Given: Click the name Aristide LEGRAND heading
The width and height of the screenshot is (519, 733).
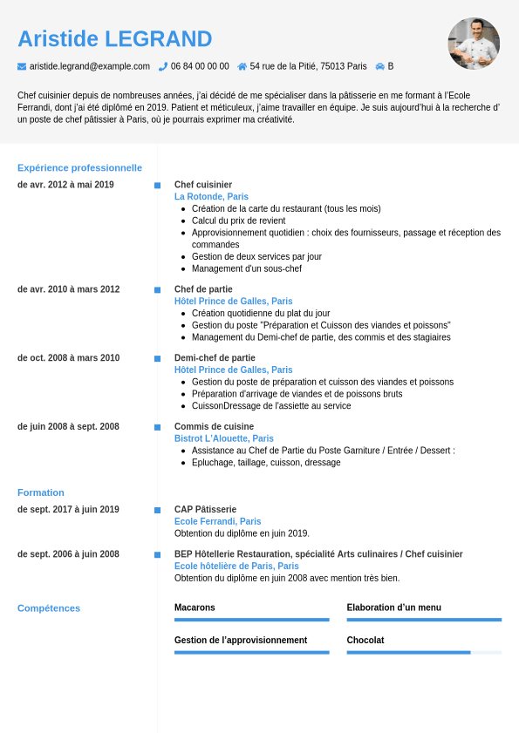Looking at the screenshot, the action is [x=114, y=39].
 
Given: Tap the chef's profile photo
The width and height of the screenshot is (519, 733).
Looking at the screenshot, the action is [x=474, y=43].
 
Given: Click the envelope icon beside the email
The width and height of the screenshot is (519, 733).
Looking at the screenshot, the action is [x=22, y=66].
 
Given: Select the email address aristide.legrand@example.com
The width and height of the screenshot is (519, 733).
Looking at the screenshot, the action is [x=90, y=66].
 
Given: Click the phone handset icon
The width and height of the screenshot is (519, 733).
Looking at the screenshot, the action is [x=162, y=66].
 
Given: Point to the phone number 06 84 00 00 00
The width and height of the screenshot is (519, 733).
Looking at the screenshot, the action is [x=200, y=66].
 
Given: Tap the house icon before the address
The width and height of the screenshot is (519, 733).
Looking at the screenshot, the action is [x=242, y=66].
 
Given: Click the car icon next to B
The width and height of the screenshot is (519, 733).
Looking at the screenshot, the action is [x=380, y=66].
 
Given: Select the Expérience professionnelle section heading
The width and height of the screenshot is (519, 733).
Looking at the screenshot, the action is [x=79, y=167].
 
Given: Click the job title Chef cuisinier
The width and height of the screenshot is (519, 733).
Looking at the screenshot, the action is [x=203, y=185].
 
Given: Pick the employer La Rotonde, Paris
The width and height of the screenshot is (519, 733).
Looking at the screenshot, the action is [x=211, y=197].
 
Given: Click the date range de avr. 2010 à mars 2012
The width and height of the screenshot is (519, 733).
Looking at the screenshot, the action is [x=69, y=289].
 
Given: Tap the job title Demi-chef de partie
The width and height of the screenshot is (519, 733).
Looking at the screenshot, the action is [x=215, y=357].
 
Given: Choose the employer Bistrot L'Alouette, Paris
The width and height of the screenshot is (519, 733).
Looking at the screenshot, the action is [x=224, y=438].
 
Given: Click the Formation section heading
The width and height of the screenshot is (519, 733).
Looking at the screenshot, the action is [x=41, y=492].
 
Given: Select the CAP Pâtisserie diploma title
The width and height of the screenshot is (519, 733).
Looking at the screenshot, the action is [x=205, y=509].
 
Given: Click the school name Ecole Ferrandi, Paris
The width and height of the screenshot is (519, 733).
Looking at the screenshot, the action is [x=217, y=521].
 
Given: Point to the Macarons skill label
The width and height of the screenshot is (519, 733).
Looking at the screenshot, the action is [x=195, y=607].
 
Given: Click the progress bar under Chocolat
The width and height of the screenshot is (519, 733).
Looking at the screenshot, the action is [x=424, y=652].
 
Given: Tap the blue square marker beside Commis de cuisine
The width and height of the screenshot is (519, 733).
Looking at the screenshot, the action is [x=158, y=427].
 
